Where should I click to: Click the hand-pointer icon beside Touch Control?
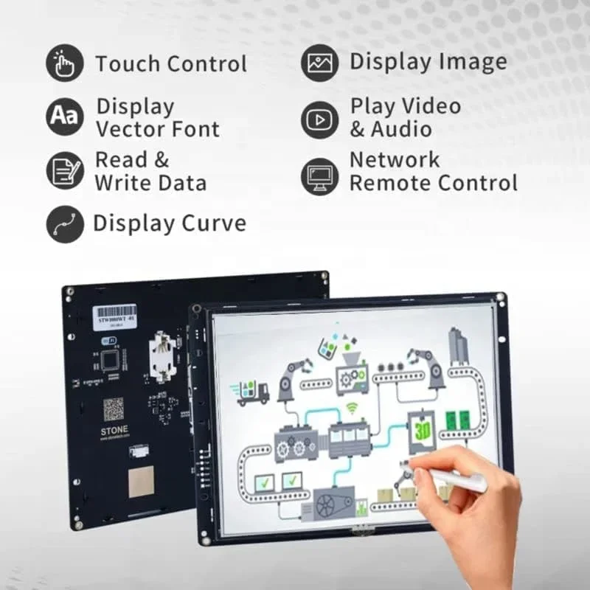tap(65, 63)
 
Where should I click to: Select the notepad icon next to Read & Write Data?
tap(65, 170)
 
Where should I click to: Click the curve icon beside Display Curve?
tap(65, 223)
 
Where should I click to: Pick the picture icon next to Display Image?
tap(319, 63)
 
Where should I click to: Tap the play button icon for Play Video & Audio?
tap(319, 119)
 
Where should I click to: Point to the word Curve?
tap(213, 223)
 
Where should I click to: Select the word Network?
tap(395, 159)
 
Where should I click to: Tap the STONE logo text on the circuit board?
tap(114, 429)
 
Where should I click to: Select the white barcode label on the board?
tap(117, 314)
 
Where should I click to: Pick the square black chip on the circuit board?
tap(111, 359)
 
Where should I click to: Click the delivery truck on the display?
tap(252, 392)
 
